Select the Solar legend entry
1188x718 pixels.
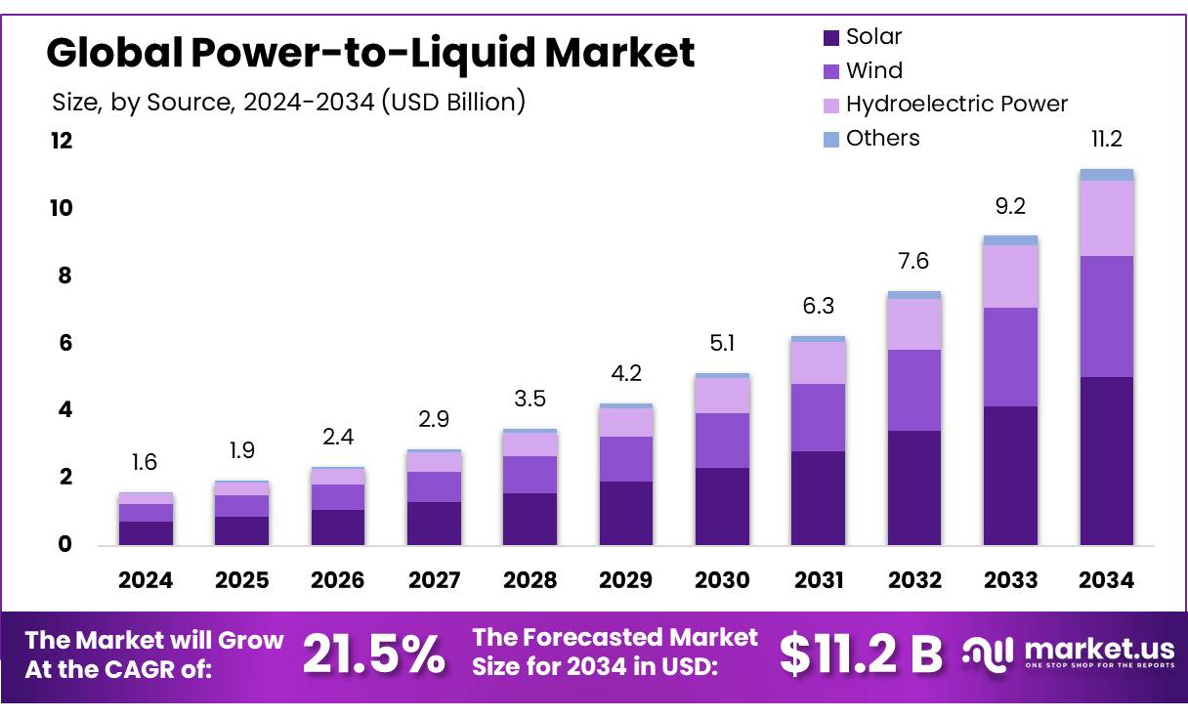point(872,37)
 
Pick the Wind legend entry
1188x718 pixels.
point(873,70)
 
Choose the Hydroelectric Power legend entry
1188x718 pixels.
point(955,104)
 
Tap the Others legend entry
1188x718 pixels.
point(882,138)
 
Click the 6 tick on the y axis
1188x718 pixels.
point(66,343)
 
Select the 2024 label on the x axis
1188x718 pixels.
point(146,580)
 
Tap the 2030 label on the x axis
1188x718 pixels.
point(722,580)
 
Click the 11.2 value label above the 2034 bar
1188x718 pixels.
point(1106,140)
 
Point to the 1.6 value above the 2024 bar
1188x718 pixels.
point(145,462)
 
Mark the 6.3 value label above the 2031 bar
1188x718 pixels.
point(818,307)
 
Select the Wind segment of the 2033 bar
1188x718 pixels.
point(1010,357)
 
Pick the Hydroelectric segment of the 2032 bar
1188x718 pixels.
point(914,323)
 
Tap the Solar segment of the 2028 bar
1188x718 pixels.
point(530,518)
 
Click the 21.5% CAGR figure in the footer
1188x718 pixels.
point(373,654)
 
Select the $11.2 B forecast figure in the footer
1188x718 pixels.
point(861,654)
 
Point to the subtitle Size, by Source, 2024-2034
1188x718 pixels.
point(287,101)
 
